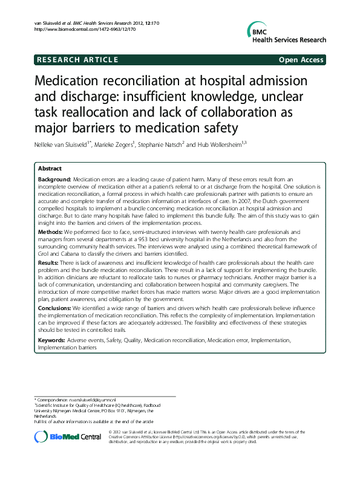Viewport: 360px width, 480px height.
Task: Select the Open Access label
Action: pyautogui.click(x=301, y=59)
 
